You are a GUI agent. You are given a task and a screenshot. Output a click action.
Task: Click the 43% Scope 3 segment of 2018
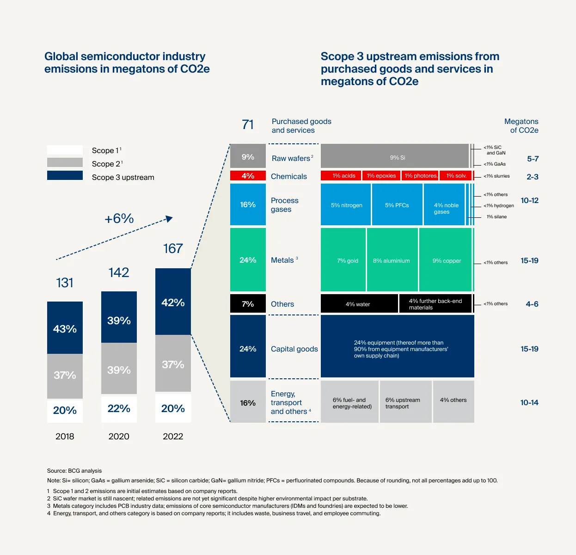tap(65, 328)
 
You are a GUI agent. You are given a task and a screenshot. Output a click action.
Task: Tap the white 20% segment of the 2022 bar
tap(173, 408)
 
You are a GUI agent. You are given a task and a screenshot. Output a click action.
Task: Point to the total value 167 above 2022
tap(173, 249)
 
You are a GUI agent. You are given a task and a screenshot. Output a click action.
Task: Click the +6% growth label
tap(119, 218)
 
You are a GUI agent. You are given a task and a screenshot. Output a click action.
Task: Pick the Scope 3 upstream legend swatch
tap(65, 176)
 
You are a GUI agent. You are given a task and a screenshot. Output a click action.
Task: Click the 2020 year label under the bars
tap(119, 436)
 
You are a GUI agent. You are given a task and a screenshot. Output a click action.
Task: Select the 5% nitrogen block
tap(346, 205)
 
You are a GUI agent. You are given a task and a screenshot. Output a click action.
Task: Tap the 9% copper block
tap(446, 260)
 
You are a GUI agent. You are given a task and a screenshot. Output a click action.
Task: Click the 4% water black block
tap(359, 304)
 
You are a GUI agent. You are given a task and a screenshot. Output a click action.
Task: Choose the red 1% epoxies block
tap(381, 176)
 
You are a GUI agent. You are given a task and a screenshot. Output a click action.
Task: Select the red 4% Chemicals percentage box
tap(248, 176)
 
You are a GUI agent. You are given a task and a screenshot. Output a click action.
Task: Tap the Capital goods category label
tap(294, 349)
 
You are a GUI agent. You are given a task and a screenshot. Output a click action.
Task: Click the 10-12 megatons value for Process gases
tap(529, 200)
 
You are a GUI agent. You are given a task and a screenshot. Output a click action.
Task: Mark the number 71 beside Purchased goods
tap(248, 125)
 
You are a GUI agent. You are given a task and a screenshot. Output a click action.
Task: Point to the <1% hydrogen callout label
tap(498, 206)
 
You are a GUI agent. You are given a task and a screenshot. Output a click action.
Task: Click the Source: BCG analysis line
tap(74, 471)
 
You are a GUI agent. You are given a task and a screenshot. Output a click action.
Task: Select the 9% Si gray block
tap(397, 157)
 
